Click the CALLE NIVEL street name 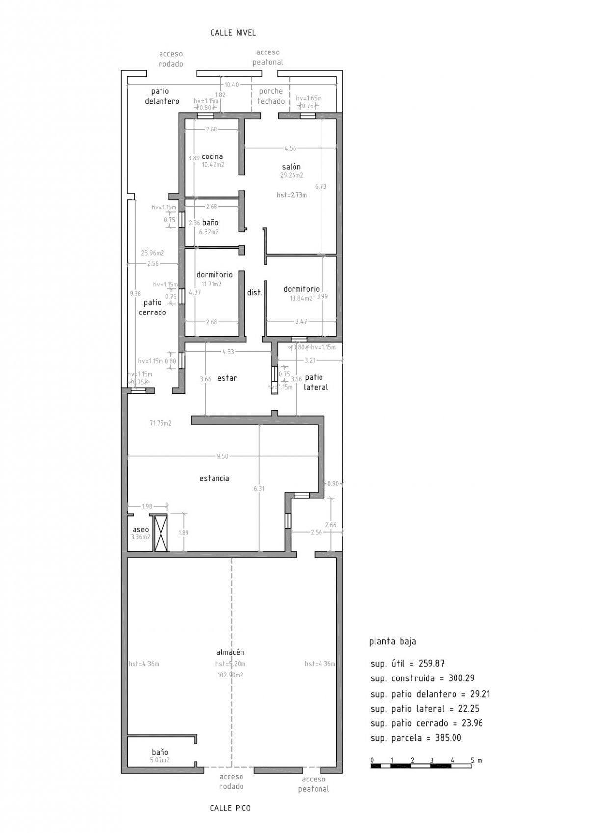233,33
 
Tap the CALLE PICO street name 230,808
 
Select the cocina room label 213,156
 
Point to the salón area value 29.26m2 292,175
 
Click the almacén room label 230,652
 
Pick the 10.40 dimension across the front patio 232,85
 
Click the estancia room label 214,478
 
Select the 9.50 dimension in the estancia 222,456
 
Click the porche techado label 271,96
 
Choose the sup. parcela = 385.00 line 416,738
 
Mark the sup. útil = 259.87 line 407,664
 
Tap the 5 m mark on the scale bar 472,760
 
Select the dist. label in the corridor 255,293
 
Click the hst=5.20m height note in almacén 230,664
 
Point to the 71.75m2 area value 161,423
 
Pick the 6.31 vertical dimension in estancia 259,489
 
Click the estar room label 227,378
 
